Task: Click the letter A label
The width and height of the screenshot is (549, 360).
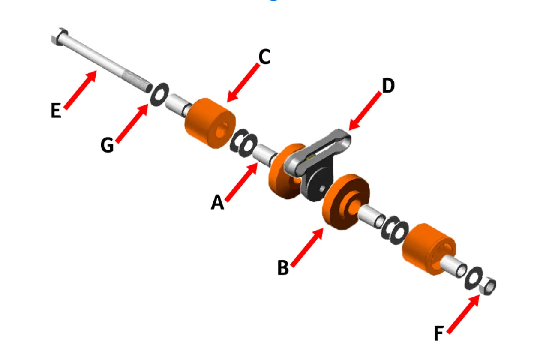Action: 217,203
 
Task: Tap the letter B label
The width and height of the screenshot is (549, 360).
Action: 283,268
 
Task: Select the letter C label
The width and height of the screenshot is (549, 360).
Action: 264,57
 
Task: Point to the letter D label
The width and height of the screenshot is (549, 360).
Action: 388,86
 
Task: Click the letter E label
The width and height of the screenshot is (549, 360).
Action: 56,111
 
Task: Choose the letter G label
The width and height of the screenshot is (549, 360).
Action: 107,145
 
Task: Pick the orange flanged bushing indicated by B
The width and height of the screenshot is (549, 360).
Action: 345,201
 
